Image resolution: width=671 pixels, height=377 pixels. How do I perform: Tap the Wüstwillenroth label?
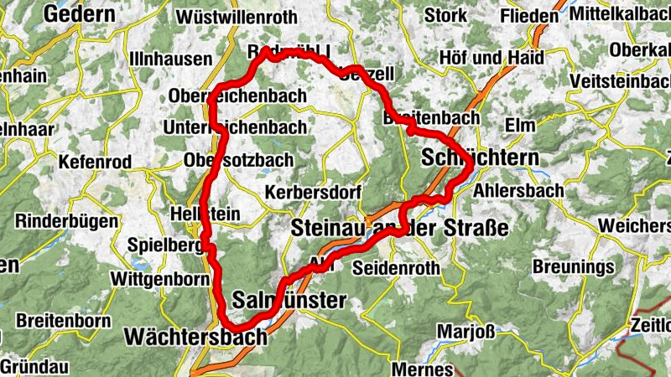click(237, 16)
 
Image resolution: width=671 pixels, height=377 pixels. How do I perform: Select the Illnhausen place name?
click(170, 59)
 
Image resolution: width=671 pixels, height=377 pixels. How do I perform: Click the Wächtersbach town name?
click(195, 337)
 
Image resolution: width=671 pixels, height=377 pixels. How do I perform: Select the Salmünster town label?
click(289, 300)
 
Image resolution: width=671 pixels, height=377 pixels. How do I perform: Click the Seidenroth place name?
click(397, 269)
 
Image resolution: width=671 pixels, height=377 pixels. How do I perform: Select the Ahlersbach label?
click(518, 189)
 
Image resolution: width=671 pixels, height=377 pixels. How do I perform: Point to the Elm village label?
click(522, 125)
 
